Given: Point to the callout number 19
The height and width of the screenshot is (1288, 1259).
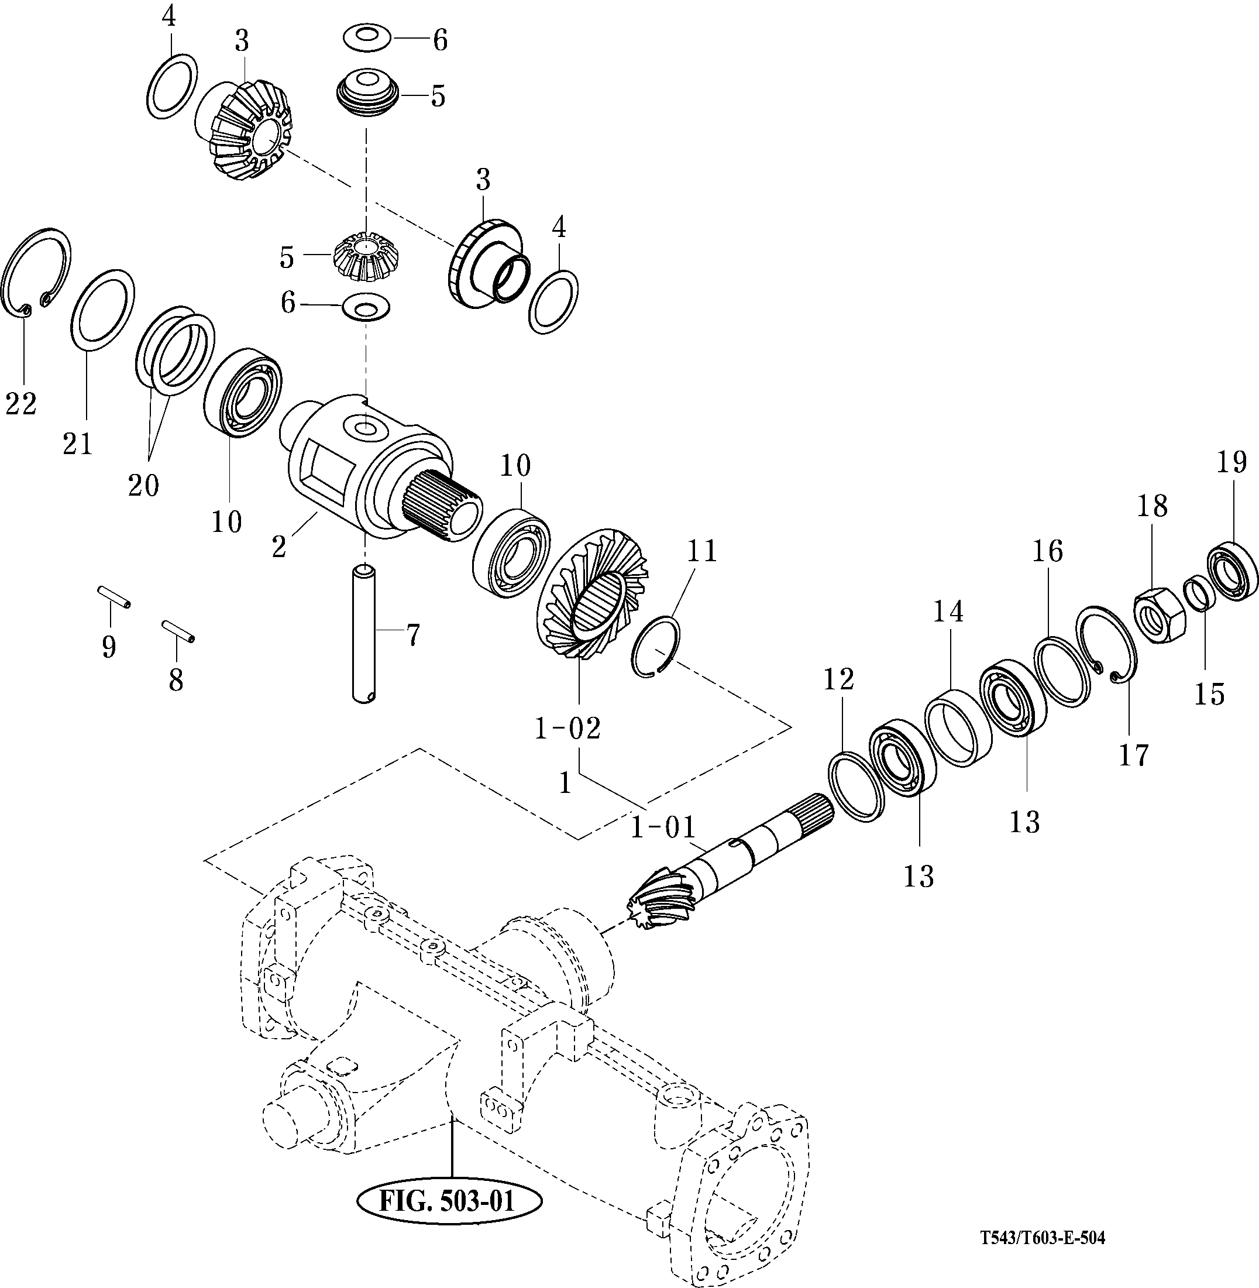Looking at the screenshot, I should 1232,462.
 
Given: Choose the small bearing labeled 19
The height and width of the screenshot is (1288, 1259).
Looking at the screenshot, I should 1233,570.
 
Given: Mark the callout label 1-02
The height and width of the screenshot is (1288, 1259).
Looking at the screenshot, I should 567,729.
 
